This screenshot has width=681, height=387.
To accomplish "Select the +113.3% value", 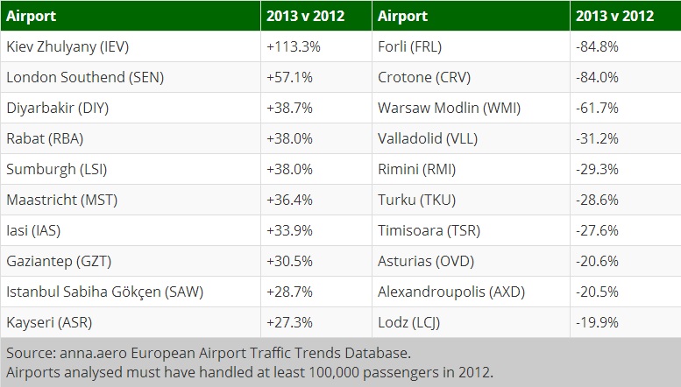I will tap(292, 47).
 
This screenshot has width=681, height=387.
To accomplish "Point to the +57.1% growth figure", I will tap(288, 77).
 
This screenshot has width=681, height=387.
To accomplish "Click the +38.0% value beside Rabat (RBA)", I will tap(288, 138).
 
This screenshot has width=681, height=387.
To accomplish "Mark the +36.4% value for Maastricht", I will tap(288, 200).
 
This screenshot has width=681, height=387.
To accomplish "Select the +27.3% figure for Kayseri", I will tap(288, 322).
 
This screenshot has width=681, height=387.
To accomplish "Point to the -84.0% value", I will tap(598, 77).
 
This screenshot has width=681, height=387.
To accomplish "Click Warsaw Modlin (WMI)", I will tap(435, 108).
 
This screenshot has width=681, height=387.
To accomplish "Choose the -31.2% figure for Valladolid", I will tap(598, 138).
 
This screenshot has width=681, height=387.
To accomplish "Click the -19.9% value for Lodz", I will tap(598, 322).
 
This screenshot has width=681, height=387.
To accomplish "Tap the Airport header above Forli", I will tap(402, 16).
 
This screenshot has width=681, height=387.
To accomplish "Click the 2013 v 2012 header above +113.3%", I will tap(306, 16).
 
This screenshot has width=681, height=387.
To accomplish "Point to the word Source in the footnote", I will tap(27, 354).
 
